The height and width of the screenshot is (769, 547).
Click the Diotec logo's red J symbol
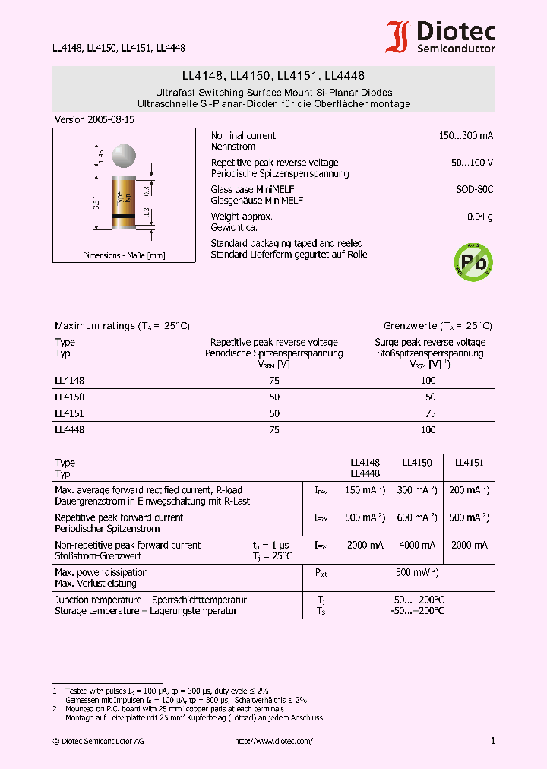[397, 37]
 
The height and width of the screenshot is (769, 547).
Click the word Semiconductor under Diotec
[456, 49]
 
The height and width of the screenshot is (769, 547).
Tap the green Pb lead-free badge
[473, 262]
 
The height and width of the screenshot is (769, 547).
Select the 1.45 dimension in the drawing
[100, 156]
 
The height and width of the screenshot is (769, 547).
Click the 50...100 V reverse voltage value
[472, 163]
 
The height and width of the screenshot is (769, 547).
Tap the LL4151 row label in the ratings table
[69, 413]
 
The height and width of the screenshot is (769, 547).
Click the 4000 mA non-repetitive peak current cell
[416, 545]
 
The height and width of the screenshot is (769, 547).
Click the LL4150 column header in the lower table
[416, 462]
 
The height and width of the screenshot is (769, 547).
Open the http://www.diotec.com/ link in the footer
[273, 741]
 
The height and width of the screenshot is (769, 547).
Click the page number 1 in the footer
[492, 741]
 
